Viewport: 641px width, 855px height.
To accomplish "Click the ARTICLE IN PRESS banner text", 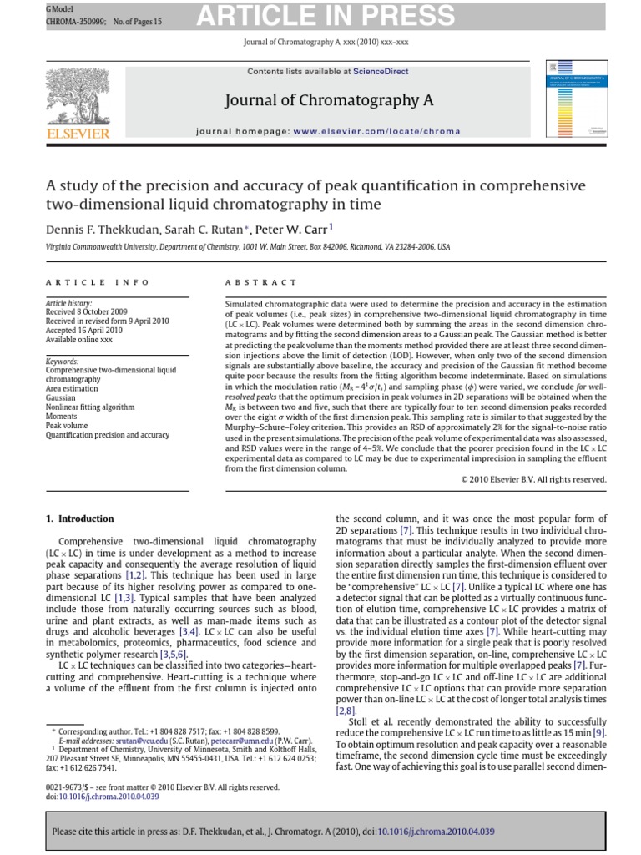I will [326, 15].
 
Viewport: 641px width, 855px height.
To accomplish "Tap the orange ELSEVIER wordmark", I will [79, 133].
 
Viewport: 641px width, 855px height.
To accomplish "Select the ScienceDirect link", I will [381, 72].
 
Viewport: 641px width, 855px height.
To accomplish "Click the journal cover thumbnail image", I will [576, 98].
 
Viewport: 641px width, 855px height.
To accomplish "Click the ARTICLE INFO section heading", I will [98, 283].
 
